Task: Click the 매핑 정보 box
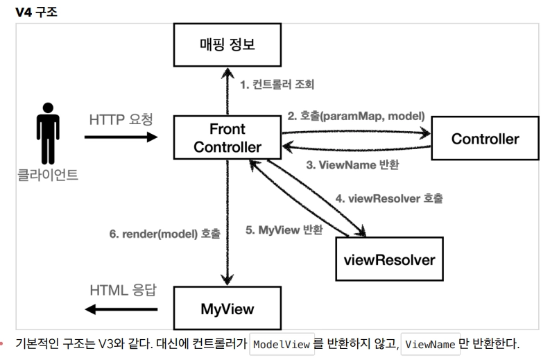pyautogui.click(x=227, y=45)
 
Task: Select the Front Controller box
pyautogui.click(x=227, y=138)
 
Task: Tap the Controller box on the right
pyautogui.click(x=485, y=139)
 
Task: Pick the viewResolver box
pyautogui.click(x=389, y=259)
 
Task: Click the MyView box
pyautogui.click(x=227, y=309)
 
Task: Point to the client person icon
pyautogui.click(x=48, y=133)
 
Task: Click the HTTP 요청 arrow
pyautogui.click(x=121, y=137)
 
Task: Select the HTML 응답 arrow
pyautogui.click(x=121, y=309)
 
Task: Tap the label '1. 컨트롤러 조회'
pyautogui.click(x=277, y=85)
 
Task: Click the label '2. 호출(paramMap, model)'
pyautogui.click(x=356, y=116)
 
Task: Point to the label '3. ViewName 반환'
pyautogui.click(x=352, y=165)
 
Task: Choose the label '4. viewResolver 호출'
pyautogui.click(x=389, y=198)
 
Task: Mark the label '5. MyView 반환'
pyautogui.click(x=284, y=230)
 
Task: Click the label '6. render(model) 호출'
pyautogui.click(x=165, y=234)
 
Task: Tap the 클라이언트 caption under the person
pyautogui.click(x=48, y=175)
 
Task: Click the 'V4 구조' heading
pyautogui.click(x=37, y=12)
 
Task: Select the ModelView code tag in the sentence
pyautogui.click(x=282, y=344)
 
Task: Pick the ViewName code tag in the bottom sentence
pyautogui.click(x=431, y=344)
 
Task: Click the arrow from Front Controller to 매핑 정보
pyautogui.click(x=227, y=92)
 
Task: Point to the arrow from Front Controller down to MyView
pyautogui.click(x=227, y=223)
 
